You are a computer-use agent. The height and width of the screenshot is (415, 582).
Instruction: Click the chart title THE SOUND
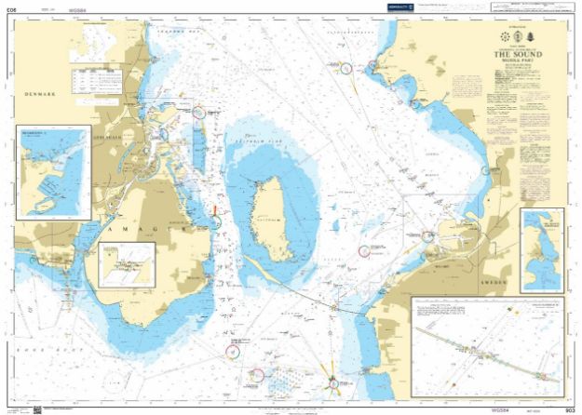[514, 55]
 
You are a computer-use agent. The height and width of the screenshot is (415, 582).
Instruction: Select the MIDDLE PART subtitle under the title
[514, 62]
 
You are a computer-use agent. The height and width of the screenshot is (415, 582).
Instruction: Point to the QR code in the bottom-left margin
[38, 408]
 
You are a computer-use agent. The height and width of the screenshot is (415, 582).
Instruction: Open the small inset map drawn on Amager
[126, 265]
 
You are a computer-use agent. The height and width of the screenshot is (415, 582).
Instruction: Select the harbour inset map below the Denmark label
[53, 173]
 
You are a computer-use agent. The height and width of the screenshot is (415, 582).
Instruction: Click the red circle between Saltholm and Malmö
[365, 249]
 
